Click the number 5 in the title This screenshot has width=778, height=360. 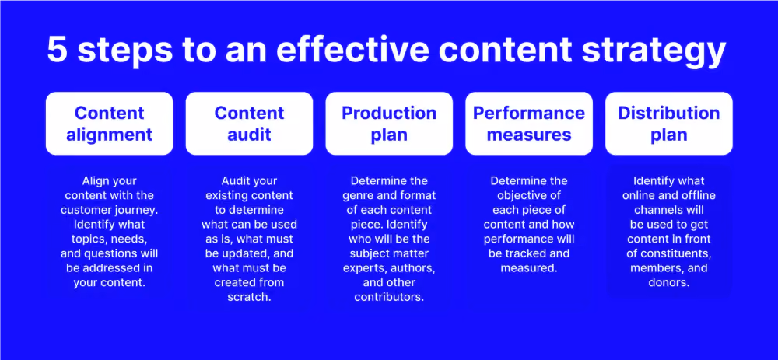(x=57, y=49)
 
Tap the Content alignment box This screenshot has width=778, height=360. (x=109, y=124)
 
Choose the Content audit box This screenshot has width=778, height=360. (x=249, y=124)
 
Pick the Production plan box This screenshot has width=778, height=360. (x=389, y=124)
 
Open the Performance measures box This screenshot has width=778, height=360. (x=529, y=124)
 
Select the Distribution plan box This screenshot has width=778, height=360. (x=669, y=124)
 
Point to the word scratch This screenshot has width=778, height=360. (x=249, y=298)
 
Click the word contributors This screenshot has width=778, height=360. (x=389, y=298)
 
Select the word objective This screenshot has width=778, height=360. (x=529, y=195)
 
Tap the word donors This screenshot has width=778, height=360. (x=669, y=283)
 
